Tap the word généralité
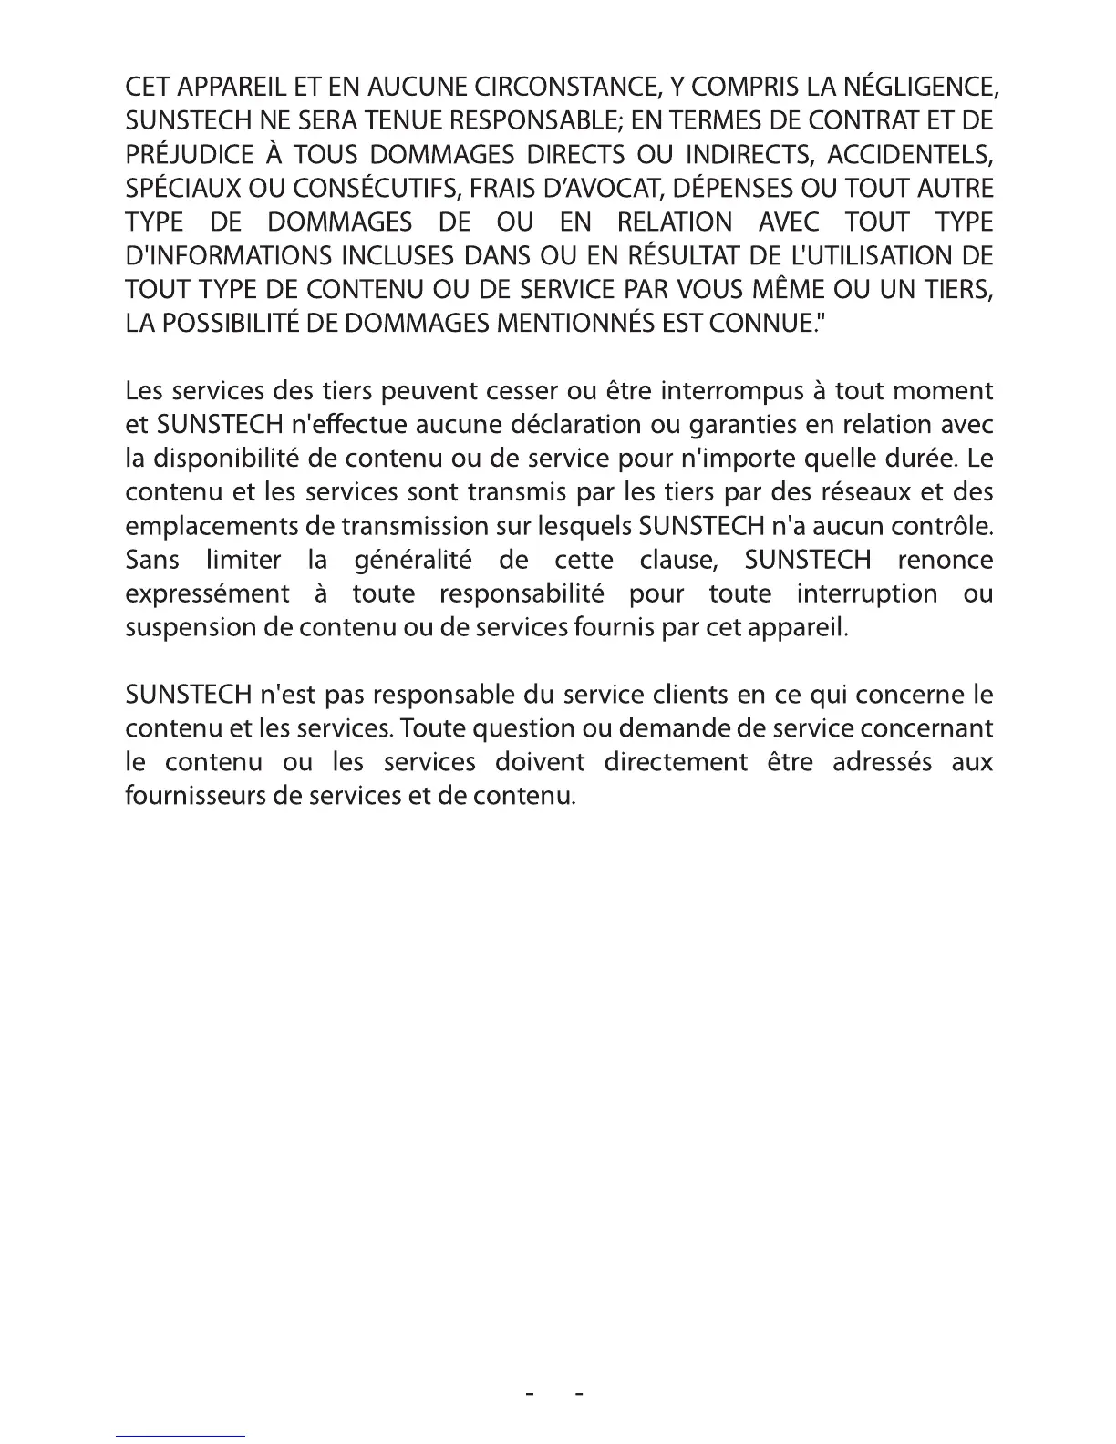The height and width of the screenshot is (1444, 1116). [412, 560]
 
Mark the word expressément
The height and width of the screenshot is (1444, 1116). [207, 593]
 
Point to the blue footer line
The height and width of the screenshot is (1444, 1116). [181, 1436]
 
